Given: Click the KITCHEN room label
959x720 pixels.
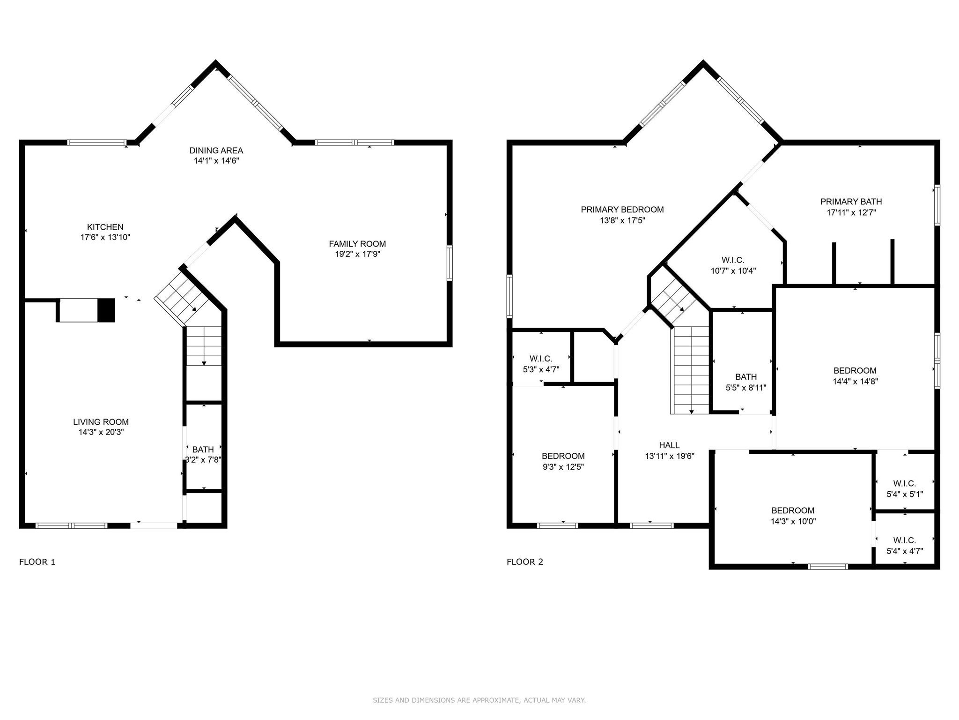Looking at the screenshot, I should [105, 227].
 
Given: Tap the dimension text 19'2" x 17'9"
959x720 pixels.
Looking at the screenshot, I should [357, 255].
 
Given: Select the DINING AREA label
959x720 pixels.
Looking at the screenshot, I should [216, 150].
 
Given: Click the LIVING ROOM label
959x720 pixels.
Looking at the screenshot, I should [101, 422].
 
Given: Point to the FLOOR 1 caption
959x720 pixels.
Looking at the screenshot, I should [37, 562].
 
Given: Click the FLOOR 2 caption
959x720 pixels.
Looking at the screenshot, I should [524, 562].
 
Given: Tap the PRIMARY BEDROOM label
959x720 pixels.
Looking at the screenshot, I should [622, 210].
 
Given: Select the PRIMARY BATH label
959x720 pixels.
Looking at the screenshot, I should [851, 202].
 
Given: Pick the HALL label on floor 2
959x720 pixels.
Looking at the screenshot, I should [669, 445].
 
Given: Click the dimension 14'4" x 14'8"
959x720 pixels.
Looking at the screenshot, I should [855, 382].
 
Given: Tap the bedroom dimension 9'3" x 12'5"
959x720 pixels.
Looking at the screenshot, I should [563, 467].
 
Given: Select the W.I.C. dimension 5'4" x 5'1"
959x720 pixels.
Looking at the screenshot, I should [904, 494].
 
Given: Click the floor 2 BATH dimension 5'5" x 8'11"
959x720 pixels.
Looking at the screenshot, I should [745, 388].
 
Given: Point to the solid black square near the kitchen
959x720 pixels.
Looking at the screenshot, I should [106, 310].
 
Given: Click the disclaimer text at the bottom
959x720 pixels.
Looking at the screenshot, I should [479, 700].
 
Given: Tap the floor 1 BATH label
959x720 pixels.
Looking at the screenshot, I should [203, 450].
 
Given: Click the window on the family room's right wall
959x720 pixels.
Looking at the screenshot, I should [450, 263].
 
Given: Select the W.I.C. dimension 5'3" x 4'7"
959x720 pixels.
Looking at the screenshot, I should [541, 369].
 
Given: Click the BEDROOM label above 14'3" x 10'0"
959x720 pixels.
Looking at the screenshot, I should [793, 510].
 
